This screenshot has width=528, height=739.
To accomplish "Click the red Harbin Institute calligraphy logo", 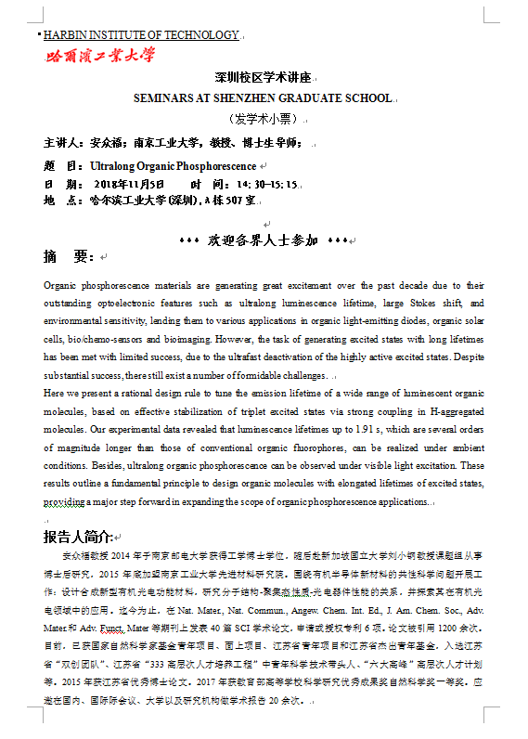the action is pos(101,56).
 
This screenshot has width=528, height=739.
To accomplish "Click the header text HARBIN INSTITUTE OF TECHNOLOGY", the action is pos(142,35).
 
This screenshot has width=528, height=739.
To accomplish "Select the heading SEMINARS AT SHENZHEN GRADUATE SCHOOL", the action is pos(263,97).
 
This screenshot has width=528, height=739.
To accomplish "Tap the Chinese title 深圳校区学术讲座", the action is pos(264,78).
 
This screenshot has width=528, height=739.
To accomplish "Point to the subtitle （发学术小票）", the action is pos(263,119).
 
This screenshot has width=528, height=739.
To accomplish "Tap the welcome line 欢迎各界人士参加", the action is pos(263,240).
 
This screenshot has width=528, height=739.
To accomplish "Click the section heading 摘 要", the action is pos(69,256).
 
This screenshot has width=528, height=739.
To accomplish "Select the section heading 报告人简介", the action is pos(78,538).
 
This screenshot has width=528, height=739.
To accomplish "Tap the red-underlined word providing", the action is pos(64,502).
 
